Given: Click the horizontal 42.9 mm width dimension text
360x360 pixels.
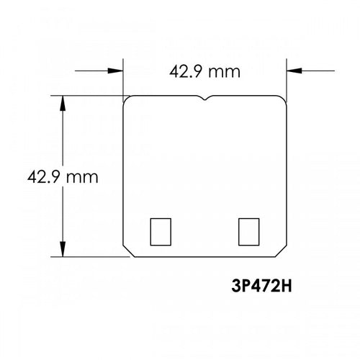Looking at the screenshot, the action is [204, 72].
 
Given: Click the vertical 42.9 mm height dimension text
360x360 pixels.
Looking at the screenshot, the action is [63, 177].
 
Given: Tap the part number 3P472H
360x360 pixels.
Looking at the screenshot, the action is [261, 286].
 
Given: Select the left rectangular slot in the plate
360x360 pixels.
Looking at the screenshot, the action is [161, 232].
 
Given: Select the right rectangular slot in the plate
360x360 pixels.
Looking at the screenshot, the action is [249, 232].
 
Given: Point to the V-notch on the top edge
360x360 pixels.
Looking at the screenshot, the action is [204, 98].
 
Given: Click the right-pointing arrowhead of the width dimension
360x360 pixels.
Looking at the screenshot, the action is [115, 71].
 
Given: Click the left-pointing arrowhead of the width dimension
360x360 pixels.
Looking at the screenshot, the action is [294, 71].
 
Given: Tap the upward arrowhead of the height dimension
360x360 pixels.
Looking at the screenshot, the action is [63, 103].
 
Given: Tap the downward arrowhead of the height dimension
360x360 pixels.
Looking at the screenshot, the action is [63, 249].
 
